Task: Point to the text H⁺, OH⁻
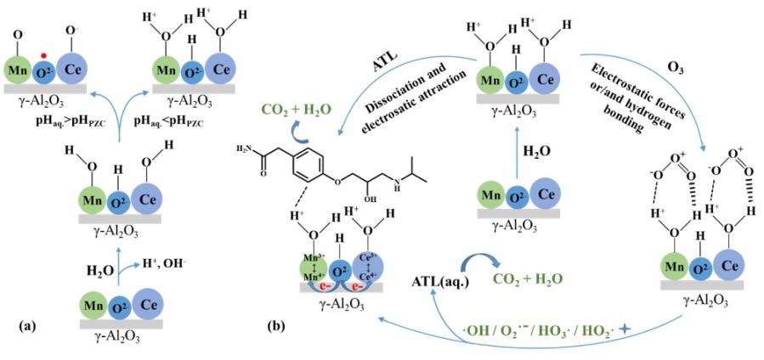click(x=146, y=264)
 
